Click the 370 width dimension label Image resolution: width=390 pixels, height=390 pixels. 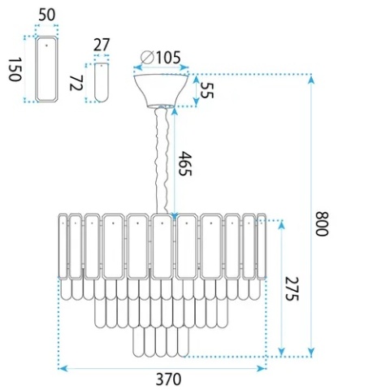pyautogui.click(x=168, y=379)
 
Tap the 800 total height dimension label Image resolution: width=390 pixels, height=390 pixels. pyautogui.click(x=323, y=223)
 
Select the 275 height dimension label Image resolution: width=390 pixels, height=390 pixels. pyautogui.click(x=292, y=288)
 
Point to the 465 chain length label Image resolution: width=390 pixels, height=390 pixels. pyautogui.click(x=186, y=163)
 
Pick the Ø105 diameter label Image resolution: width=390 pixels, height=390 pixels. pyautogui.click(x=161, y=58)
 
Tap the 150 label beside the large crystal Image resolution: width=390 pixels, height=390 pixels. pyautogui.click(x=15, y=70)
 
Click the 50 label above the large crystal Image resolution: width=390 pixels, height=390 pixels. pyautogui.click(x=47, y=15)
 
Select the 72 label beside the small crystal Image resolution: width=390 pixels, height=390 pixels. pyautogui.click(x=76, y=83)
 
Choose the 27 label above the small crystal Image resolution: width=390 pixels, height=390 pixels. pyautogui.click(x=102, y=45)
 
